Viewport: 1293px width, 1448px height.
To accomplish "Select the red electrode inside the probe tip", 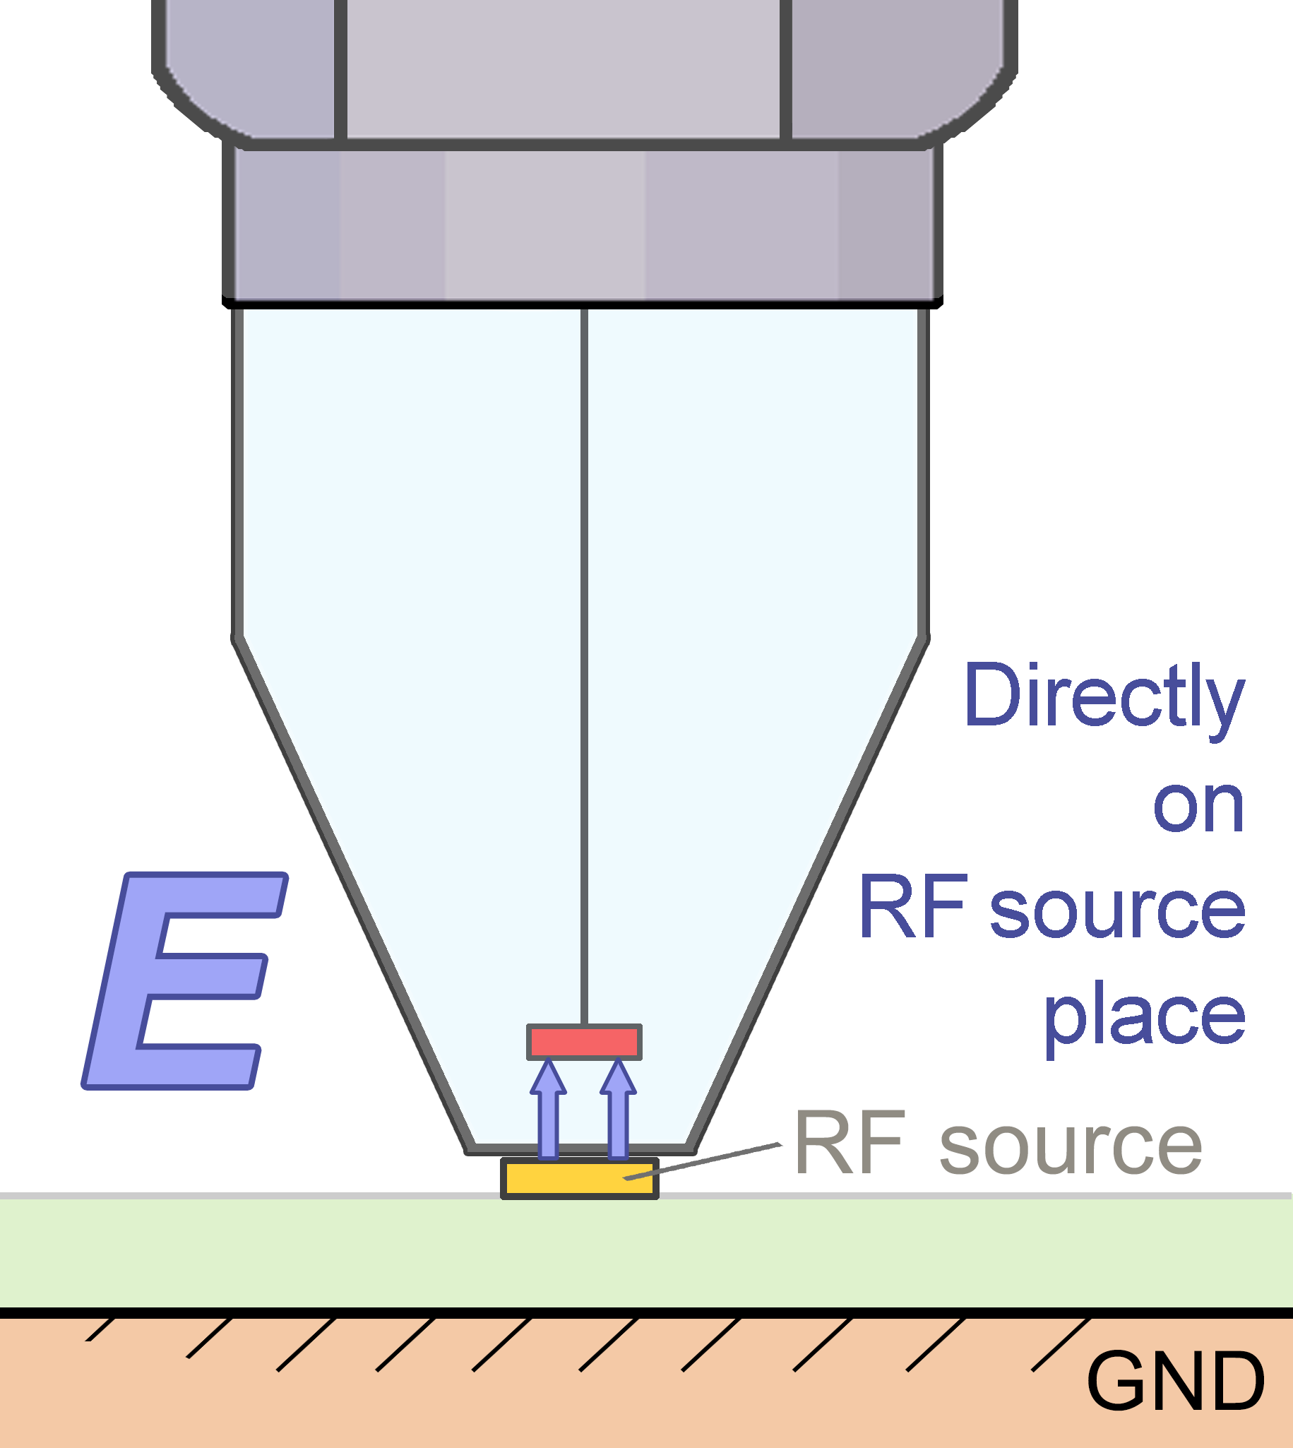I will [584, 1042].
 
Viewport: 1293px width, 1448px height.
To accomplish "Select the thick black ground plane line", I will [427, 1313].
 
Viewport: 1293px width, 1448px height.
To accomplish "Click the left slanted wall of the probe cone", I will [355, 895].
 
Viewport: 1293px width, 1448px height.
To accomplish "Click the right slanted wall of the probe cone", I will [810, 895].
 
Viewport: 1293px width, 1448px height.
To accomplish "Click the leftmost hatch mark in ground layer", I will [100, 1329].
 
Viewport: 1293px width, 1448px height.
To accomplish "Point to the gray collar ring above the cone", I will [583, 224].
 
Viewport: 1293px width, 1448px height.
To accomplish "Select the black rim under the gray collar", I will [583, 304].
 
